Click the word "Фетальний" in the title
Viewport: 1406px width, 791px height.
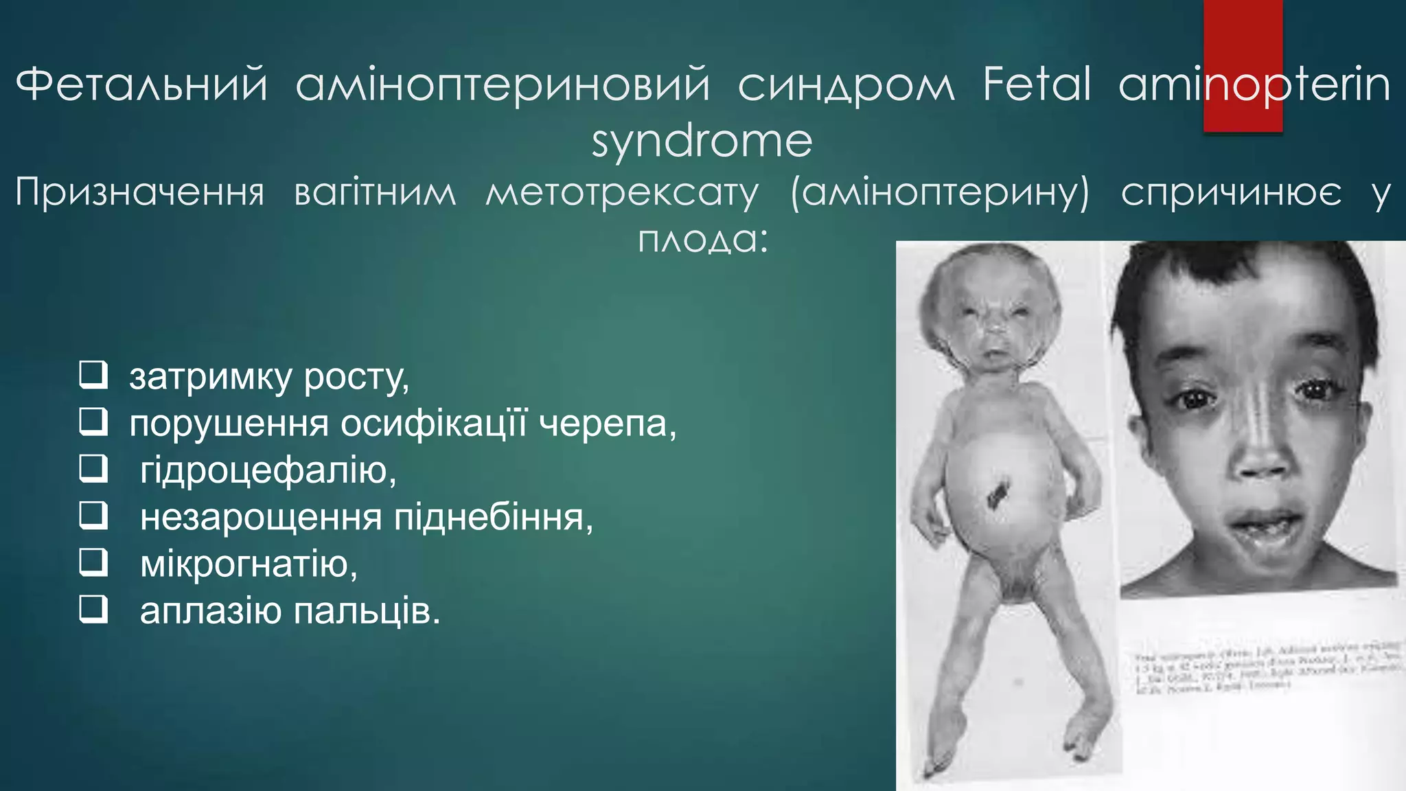click(141, 85)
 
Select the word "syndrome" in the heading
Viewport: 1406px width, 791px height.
click(702, 141)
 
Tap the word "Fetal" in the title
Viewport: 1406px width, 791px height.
click(1037, 85)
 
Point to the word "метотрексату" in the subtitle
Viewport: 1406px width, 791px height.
click(622, 193)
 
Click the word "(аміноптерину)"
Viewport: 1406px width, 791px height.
click(940, 193)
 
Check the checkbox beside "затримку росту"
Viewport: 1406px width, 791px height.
click(93, 375)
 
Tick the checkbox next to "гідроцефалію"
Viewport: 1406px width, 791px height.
click(93, 469)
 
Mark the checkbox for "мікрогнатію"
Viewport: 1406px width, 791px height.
click(93, 562)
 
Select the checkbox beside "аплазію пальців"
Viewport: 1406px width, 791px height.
click(93, 609)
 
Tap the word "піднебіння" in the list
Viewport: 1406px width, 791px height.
click(493, 518)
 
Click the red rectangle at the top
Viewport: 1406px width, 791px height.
click(1243, 65)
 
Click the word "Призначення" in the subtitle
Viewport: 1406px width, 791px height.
click(140, 193)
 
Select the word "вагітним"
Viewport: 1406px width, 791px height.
click(375, 193)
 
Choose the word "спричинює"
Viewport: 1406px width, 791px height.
click(1231, 193)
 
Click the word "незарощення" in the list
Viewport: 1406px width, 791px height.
click(260, 518)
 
